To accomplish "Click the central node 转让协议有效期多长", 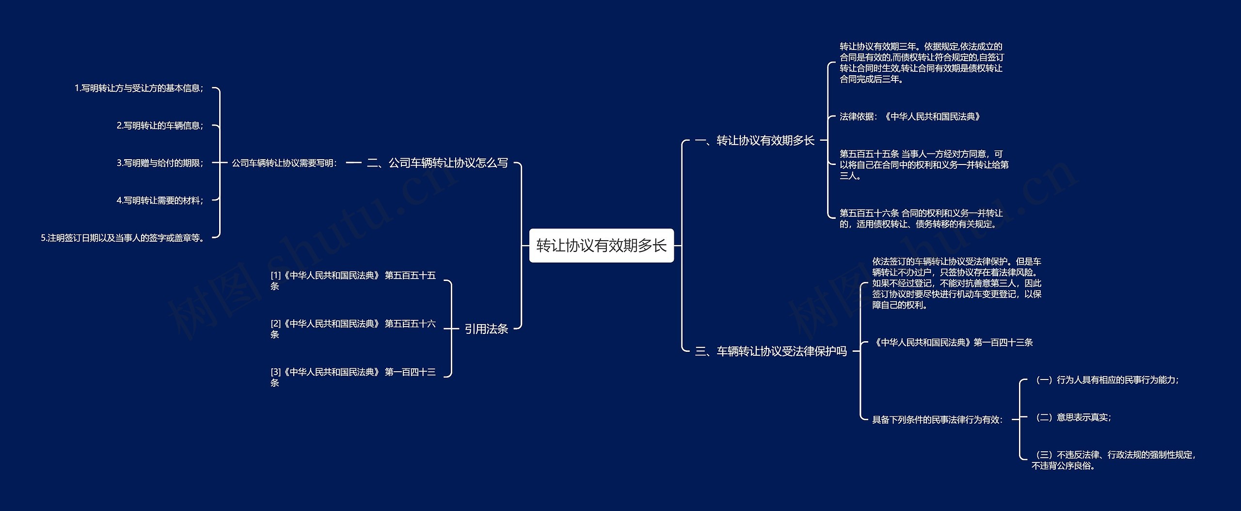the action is point(601,246).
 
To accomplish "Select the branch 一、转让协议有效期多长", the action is point(754,141).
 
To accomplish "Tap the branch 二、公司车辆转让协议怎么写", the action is point(437,163).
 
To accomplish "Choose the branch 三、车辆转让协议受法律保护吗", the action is point(771,351).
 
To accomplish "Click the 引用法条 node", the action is point(486,329).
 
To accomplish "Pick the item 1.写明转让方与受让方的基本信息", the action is point(139,88).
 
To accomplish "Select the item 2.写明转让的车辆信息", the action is point(160,126).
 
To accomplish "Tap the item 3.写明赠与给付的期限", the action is point(160,163).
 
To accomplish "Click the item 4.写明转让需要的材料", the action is point(160,200).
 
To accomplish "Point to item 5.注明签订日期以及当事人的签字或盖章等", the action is point(123,238).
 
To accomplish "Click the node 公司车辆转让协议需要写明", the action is point(285,163).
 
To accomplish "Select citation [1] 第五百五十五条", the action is point(353,280).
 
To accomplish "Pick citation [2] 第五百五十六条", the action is point(353,329).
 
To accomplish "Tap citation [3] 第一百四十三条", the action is point(353,377).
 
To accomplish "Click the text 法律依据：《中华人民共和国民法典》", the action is point(910,116).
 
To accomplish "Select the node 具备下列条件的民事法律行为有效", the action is point(938,420).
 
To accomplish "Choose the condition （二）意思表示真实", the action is point(1071,417).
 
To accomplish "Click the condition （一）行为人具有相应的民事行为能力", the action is point(1105,380).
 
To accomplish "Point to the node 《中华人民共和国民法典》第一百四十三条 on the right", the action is point(953,343).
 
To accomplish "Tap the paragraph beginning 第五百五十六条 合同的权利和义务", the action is point(921,218).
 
